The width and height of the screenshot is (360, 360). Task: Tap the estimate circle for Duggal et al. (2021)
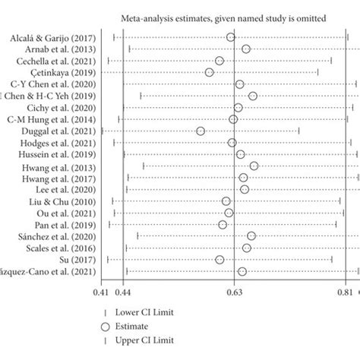201,131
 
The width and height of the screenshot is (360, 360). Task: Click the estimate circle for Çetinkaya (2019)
210,72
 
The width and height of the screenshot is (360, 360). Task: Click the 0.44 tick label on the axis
123,292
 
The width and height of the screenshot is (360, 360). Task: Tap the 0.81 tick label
346,292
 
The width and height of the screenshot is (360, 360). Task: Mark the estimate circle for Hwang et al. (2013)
254,166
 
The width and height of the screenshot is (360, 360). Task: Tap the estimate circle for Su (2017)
219,260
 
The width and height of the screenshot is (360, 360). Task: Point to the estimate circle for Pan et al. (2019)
223,224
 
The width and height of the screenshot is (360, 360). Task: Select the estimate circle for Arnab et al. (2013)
246,49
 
